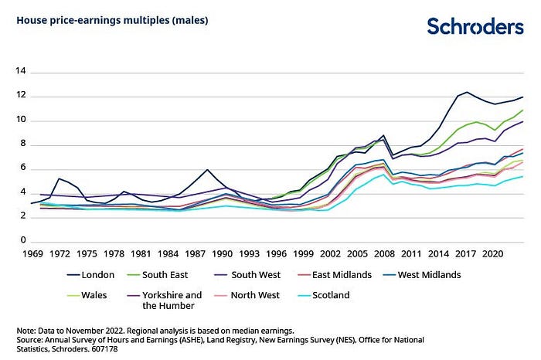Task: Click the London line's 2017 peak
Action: [x=466, y=93]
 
